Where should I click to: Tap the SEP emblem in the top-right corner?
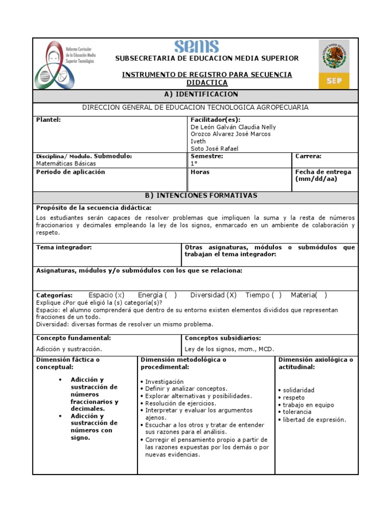coord(334,64)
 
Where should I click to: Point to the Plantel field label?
coord(48,120)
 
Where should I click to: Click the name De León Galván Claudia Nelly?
coord(233,127)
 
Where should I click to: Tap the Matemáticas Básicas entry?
coord(66,164)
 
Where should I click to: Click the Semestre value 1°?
coord(193,164)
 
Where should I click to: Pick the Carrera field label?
coord(308,156)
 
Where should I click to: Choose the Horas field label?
coord(200,172)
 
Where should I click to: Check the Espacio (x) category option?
coord(106,295)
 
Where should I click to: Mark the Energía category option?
coord(157,295)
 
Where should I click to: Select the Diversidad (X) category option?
coord(213,295)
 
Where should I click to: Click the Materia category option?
coord(309,295)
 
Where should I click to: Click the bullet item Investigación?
coord(164,381)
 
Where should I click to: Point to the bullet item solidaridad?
coord(298,390)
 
